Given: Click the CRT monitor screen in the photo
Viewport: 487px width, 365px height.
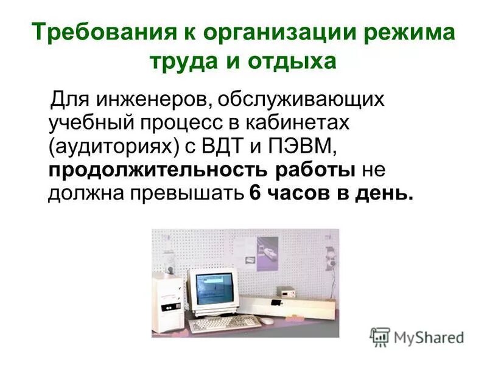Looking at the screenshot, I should (x=212, y=287).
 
